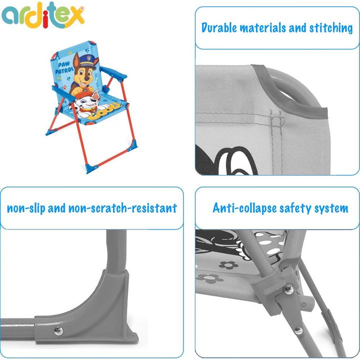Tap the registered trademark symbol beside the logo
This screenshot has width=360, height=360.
coord(82,7)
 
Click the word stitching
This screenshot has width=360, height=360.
coord(329,28)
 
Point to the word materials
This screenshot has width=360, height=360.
coord(274,28)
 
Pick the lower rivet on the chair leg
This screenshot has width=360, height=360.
coord(298,330)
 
